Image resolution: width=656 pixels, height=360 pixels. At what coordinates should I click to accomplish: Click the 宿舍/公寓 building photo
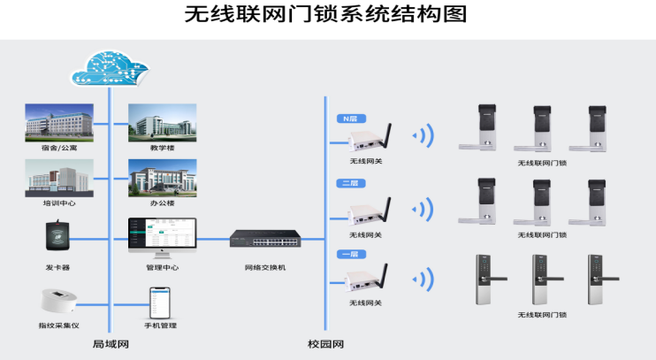click(58, 122)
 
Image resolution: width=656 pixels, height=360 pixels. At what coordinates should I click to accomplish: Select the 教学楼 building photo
click(162, 122)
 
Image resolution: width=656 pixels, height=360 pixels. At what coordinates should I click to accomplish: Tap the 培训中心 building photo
click(58, 177)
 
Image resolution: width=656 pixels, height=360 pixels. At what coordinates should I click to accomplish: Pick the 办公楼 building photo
click(162, 177)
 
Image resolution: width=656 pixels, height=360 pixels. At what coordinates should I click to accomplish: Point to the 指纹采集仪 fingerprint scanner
click(58, 301)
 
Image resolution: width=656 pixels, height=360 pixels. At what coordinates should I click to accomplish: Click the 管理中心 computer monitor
click(162, 237)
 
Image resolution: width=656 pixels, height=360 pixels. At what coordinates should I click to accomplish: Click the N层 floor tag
click(350, 119)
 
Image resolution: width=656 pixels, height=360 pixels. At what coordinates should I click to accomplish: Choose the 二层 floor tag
click(350, 184)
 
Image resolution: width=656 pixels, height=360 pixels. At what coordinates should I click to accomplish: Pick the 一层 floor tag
click(350, 255)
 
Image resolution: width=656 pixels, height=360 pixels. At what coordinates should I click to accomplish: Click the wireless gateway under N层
click(365, 141)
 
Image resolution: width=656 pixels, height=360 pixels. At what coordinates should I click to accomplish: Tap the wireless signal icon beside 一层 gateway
click(424, 279)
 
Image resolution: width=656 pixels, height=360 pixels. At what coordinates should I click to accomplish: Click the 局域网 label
click(111, 343)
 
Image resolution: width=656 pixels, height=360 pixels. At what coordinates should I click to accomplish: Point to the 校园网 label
click(325, 343)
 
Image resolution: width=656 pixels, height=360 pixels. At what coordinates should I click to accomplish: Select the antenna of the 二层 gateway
click(387, 206)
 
